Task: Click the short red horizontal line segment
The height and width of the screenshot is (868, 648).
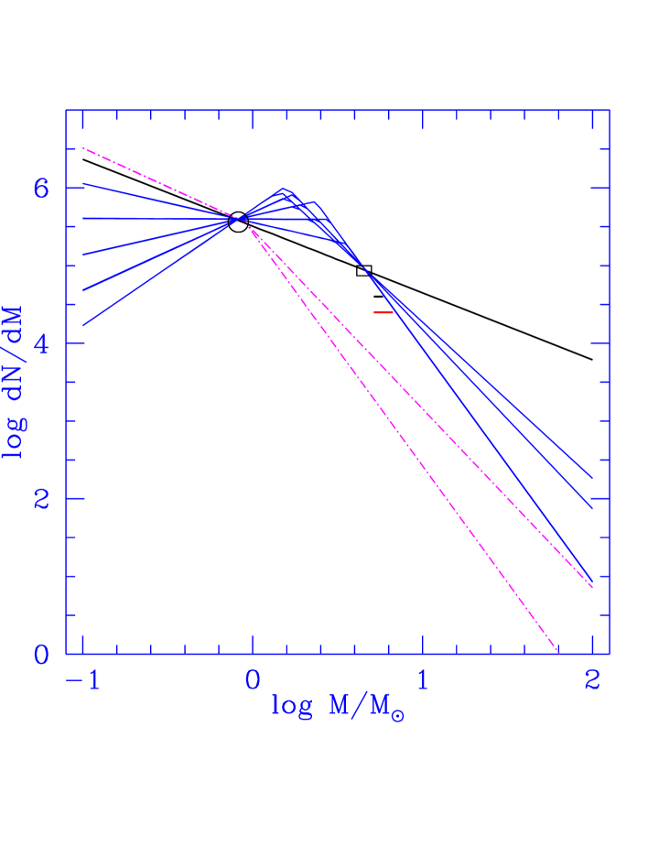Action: [383, 312]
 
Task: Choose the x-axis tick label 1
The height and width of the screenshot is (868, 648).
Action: [422, 681]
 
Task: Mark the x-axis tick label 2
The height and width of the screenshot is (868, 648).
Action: [592, 681]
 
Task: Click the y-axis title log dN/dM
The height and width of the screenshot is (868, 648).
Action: [15, 383]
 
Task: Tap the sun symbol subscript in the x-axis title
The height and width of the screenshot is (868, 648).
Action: [397, 716]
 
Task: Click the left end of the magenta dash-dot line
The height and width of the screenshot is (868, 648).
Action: [83, 147]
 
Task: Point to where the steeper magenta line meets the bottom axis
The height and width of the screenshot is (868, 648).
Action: [558, 653]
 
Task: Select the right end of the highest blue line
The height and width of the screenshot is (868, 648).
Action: [592, 478]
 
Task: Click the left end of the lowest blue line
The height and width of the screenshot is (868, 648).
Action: [83, 326]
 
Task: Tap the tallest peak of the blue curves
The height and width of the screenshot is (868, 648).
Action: [284, 190]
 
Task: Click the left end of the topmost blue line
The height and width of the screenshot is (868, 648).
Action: [83, 184]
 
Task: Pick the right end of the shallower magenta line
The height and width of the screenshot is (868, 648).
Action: [592, 587]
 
